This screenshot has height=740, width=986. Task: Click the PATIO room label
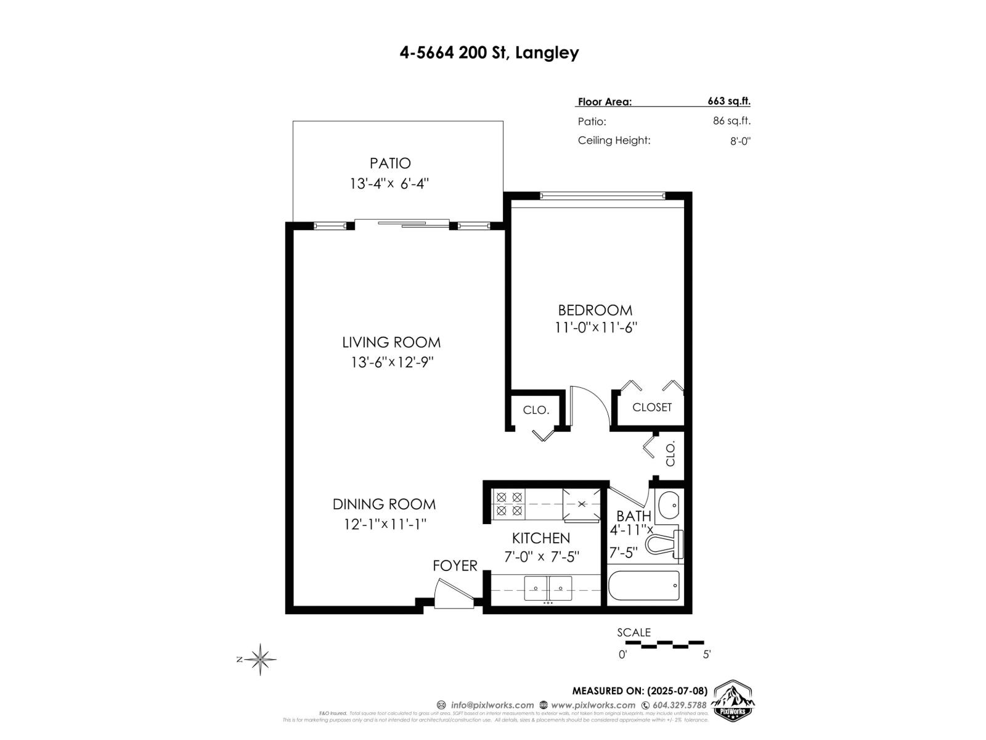coord(390,163)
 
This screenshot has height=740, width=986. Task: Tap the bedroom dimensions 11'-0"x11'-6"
coord(595,327)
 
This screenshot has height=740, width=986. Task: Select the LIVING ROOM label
coord(391,342)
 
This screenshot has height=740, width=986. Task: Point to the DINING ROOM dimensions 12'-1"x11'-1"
coord(385,524)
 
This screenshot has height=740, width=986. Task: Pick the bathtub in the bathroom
coord(644,586)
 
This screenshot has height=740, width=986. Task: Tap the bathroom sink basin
coord(668,506)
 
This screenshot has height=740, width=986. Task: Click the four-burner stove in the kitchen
coord(509,503)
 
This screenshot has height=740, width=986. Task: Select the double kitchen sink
coord(548,588)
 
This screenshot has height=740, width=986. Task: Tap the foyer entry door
coord(453,593)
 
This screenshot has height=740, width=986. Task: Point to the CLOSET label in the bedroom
coord(651,408)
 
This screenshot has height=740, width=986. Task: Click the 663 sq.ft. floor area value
coord(728,102)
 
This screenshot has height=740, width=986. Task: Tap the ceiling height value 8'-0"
coord(740,141)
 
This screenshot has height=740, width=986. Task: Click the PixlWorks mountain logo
coord(733,701)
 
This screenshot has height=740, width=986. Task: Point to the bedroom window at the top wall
coord(602,196)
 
